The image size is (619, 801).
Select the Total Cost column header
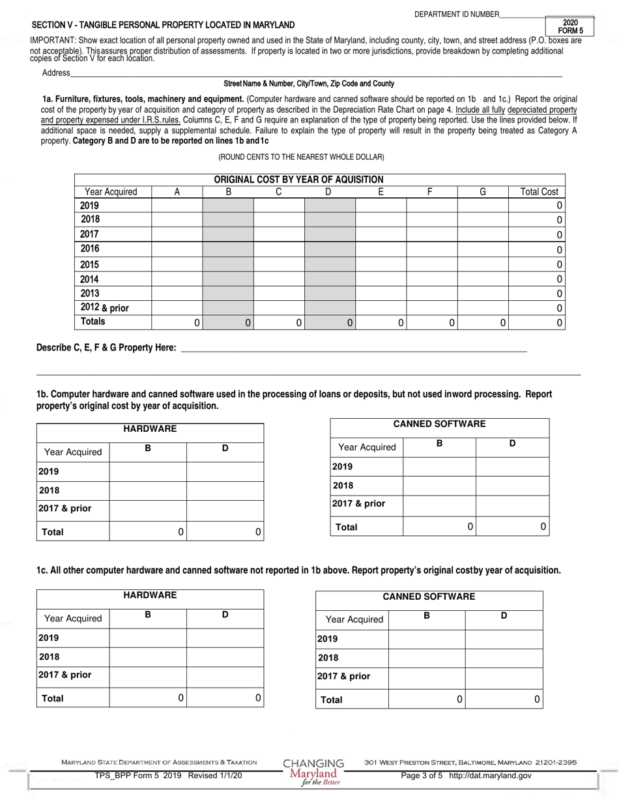pos(539,191)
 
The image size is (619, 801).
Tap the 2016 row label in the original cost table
pos(90,248)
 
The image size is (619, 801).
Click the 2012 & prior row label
pos(104,307)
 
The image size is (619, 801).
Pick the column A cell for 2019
pos(177,205)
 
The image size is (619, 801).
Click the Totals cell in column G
pos(482,322)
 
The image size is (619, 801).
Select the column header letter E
pos(381,191)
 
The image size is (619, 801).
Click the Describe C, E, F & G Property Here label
pos(106,348)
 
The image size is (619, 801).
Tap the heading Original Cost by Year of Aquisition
pos(298,180)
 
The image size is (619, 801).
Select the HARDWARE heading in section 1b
pos(150,429)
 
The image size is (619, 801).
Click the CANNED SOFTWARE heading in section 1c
pos(428,597)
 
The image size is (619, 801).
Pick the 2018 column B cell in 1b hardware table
pos(148,490)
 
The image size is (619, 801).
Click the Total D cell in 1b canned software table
pos(512,526)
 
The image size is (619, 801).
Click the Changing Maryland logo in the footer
pos(314,771)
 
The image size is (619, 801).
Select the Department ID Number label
pos(456,14)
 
